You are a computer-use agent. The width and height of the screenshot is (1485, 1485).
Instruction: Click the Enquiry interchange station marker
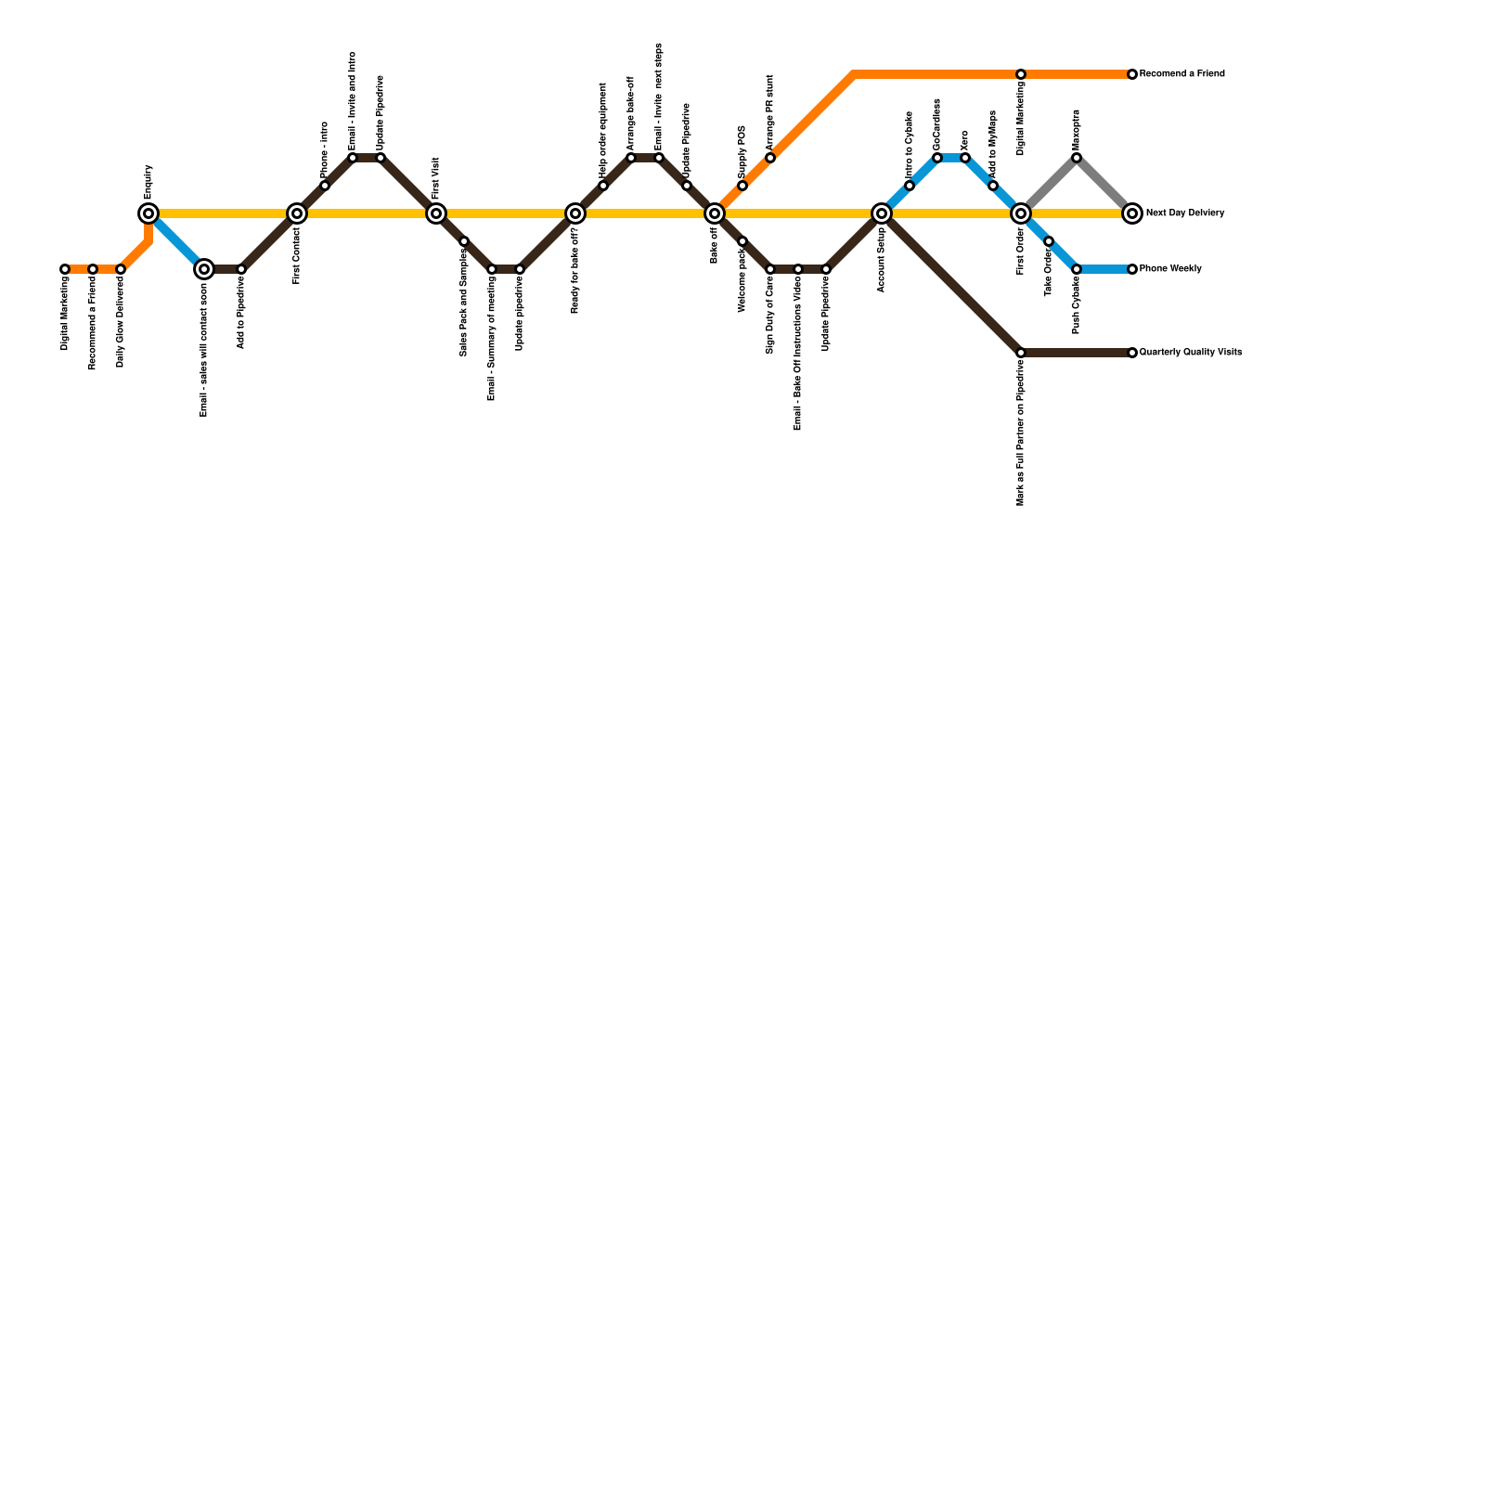pyautogui.click(x=148, y=213)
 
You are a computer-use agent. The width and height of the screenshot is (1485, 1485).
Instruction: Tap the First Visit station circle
pyautogui.click(x=436, y=213)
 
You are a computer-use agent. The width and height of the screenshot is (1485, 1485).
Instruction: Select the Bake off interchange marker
pyautogui.click(x=715, y=213)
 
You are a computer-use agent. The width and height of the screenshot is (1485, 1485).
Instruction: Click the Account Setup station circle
pyautogui.click(x=882, y=213)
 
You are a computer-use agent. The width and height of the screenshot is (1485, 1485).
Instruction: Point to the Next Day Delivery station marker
pyautogui.click(x=1132, y=213)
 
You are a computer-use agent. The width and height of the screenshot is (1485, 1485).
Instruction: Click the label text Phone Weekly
pyautogui.click(x=1170, y=269)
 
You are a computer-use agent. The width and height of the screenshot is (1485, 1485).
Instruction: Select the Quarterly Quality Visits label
pyautogui.click(x=1190, y=353)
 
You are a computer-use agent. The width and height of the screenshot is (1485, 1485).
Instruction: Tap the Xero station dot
pyautogui.click(x=965, y=158)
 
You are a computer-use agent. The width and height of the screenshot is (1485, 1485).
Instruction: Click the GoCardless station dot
pyautogui.click(x=937, y=158)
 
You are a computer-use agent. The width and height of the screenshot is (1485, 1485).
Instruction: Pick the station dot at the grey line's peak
pyautogui.click(x=1077, y=158)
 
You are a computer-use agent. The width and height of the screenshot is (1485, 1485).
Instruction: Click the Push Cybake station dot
pyautogui.click(x=1077, y=269)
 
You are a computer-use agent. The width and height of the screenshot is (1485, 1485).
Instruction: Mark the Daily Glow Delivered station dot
pyautogui.click(x=121, y=269)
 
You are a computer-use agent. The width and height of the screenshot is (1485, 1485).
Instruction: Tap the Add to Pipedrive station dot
pyautogui.click(x=241, y=269)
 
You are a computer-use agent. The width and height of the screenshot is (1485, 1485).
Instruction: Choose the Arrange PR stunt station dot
pyautogui.click(x=770, y=158)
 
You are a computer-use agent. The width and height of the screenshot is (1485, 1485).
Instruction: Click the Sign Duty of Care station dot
pyautogui.click(x=770, y=269)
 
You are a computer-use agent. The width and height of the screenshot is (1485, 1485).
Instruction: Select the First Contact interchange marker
pyautogui.click(x=297, y=213)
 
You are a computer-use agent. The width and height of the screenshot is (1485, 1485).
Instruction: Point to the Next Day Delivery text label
pyautogui.click(x=1184, y=213)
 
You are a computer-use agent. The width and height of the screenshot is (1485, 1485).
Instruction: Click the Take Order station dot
pyautogui.click(x=1049, y=241)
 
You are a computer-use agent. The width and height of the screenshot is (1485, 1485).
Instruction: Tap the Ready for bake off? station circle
pyautogui.click(x=575, y=213)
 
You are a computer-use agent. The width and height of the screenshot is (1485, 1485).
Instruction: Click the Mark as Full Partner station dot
pyautogui.click(x=1021, y=353)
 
